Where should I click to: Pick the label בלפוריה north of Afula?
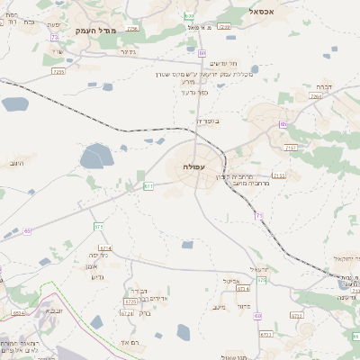pyautogui.click(x=207, y=120)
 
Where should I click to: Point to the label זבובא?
pyautogui.click(x=53, y=310)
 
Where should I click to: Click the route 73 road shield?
pyautogui.click(x=54, y=37)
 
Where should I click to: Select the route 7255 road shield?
pyautogui.click(x=59, y=71)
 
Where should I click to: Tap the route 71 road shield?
pyautogui.click(x=258, y=216)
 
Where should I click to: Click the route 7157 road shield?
pyautogui.click(x=291, y=145)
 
